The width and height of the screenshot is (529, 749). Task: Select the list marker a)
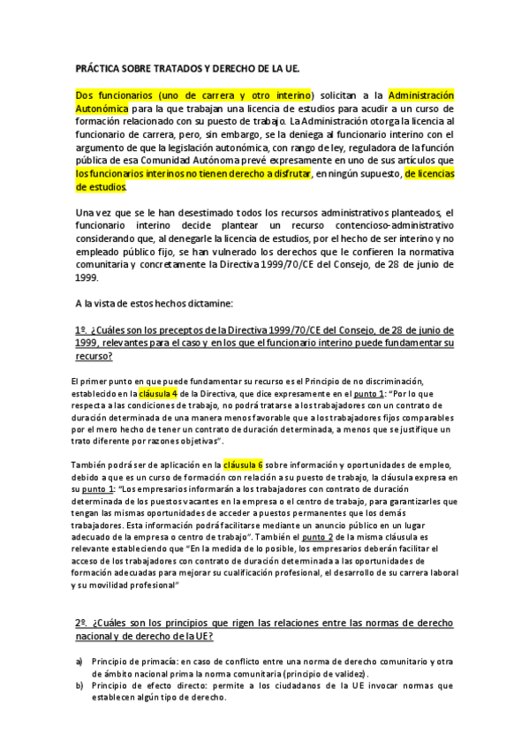pos(79,662)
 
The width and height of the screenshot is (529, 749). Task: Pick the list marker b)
pos(79,685)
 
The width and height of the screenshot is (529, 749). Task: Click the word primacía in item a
pos(158,662)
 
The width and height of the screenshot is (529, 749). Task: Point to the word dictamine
pos(204,303)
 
